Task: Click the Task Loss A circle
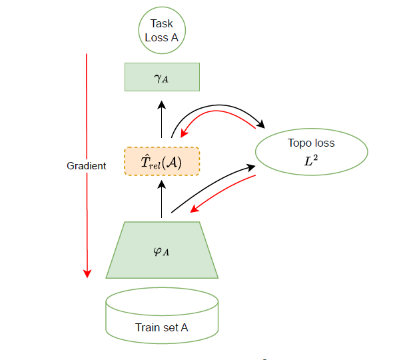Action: click(x=162, y=31)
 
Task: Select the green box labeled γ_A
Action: click(x=162, y=77)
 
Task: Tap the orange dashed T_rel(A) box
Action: click(x=162, y=161)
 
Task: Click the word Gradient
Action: click(x=87, y=166)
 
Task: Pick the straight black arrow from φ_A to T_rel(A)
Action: click(x=162, y=199)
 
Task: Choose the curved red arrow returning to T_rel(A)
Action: click(x=220, y=118)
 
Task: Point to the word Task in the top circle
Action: click(x=162, y=24)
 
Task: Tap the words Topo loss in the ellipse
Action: click(x=311, y=143)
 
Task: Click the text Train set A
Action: click(x=162, y=327)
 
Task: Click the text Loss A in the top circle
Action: click(x=162, y=37)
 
